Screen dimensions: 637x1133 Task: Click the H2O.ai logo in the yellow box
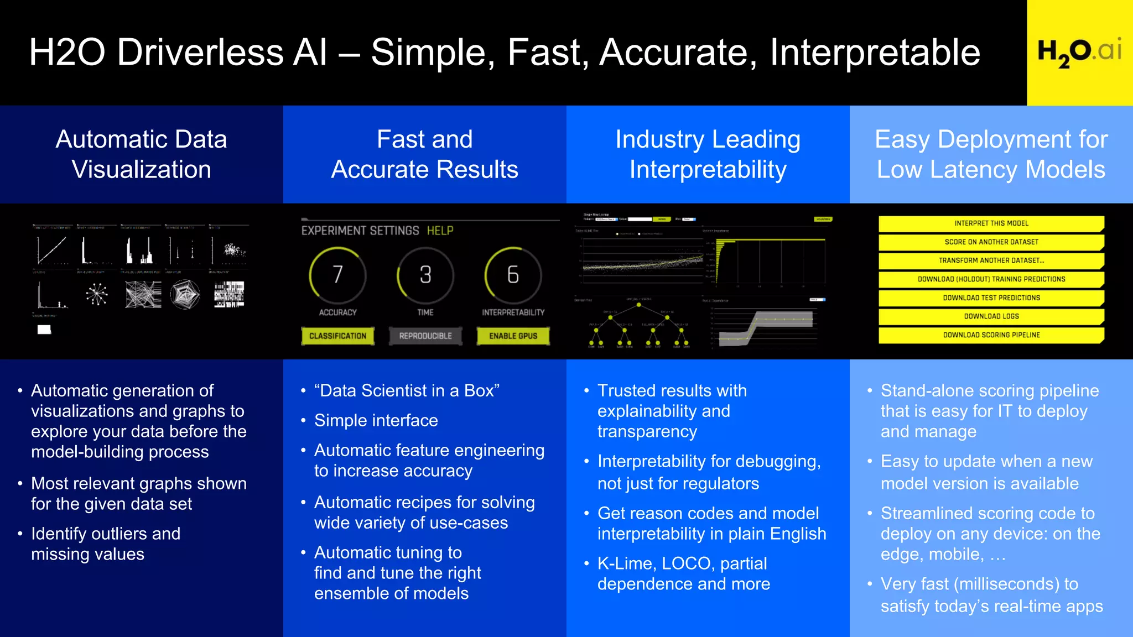point(1079,52)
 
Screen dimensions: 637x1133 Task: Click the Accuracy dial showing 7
point(337,275)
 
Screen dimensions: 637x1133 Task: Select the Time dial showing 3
point(425,275)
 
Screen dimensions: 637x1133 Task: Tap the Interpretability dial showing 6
point(513,275)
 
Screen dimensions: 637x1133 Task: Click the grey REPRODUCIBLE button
point(425,336)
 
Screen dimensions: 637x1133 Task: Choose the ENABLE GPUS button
point(513,336)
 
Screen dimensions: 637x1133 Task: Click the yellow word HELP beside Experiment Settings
point(440,231)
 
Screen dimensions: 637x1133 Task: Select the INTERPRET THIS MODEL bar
point(991,223)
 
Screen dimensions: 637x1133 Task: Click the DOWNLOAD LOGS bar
point(991,316)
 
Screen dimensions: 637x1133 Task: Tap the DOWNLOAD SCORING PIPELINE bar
point(991,335)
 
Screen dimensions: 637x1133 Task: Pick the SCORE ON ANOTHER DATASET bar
point(991,242)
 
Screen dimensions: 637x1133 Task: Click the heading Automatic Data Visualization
point(141,154)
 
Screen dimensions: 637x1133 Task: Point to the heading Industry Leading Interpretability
point(708,154)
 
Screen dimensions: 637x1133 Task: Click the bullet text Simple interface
point(376,421)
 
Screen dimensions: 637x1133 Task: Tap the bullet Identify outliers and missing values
point(105,544)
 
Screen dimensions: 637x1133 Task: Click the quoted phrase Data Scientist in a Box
point(407,391)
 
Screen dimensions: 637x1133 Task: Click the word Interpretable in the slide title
point(875,53)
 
